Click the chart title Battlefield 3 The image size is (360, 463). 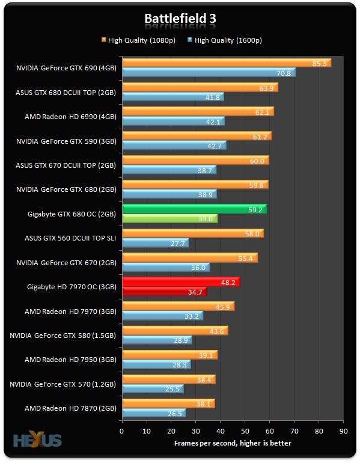[180, 19]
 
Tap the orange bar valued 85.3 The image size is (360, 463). [226, 63]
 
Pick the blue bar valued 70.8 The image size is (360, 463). [208, 73]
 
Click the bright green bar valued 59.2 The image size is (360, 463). [194, 209]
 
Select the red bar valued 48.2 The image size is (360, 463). [180, 281]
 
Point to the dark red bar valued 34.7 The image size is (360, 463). [163, 292]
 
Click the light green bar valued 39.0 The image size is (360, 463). [169, 219]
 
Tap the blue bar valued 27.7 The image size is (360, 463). [155, 243]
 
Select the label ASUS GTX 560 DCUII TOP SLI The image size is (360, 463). [71, 238]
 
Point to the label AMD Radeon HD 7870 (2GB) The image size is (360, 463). [70, 408]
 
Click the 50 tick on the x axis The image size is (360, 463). [245, 431]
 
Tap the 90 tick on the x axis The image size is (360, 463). [343, 431]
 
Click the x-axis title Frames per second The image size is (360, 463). [233, 443]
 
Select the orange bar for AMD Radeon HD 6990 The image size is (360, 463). [197, 112]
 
